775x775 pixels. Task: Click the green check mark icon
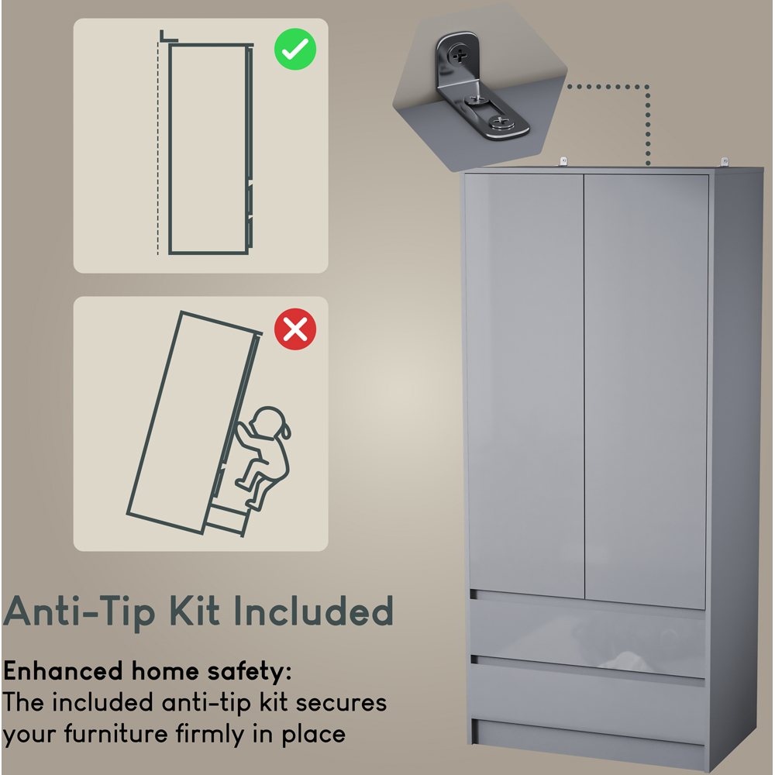point(295,51)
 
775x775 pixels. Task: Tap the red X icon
point(295,329)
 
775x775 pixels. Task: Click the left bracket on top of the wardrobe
point(563,161)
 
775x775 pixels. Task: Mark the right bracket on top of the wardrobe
point(726,161)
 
